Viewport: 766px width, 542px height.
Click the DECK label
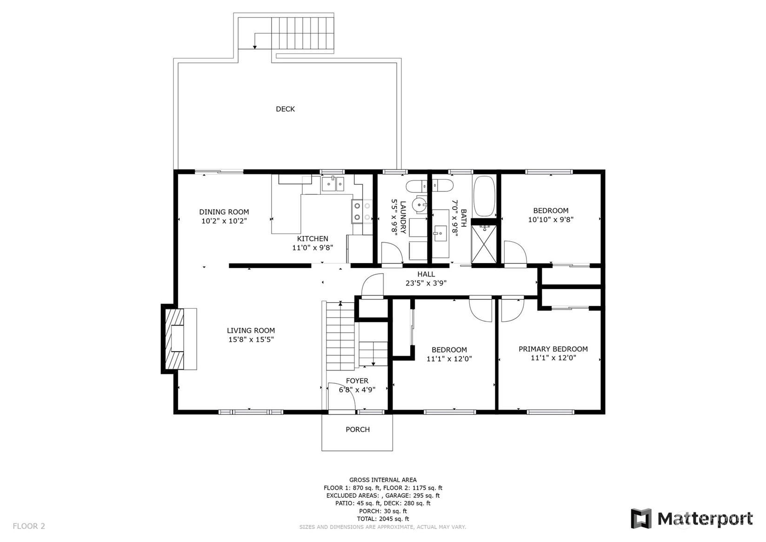pyautogui.click(x=285, y=109)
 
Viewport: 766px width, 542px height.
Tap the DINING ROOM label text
pyautogui.click(x=224, y=212)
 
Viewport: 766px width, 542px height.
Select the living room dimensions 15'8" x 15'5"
pyautogui.click(x=251, y=339)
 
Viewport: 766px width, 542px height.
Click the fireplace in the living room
pyautogui.click(x=179, y=339)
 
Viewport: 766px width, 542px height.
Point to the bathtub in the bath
pyautogui.click(x=485, y=196)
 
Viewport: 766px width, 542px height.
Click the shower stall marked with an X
pyautogui.click(x=484, y=244)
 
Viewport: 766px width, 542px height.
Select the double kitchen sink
pyautogui.click(x=333, y=184)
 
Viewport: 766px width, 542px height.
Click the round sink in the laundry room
pyautogui.click(x=419, y=205)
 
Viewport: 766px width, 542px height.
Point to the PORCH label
pyautogui.click(x=358, y=429)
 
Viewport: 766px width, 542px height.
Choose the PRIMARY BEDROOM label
pyautogui.click(x=553, y=349)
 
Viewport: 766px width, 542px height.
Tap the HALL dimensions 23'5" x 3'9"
pyautogui.click(x=426, y=283)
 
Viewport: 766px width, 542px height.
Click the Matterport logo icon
pyautogui.click(x=641, y=518)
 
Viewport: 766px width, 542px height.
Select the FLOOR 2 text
pyautogui.click(x=29, y=526)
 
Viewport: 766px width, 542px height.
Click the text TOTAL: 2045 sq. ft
pyautogui.click(x=383, y=519)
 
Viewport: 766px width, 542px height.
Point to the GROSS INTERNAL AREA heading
pyautogui.click(x=383, y=480)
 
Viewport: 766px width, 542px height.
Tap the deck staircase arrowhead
pyautogui.click(x=255, y=47)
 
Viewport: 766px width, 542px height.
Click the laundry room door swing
pyautogui.click(x=392, y=253)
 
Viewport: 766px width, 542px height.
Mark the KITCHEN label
pyautogui.click(x=313, y=239)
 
